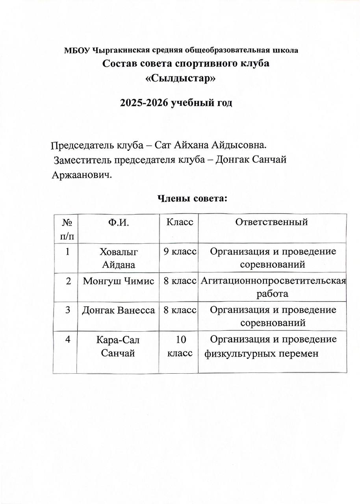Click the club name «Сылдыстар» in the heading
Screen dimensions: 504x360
click(181, 78)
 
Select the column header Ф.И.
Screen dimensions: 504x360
click(118, 222)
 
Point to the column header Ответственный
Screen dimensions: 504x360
click(271, 222)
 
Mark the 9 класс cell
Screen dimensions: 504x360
click(180, 252)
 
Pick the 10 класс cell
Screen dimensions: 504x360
click(180, 346)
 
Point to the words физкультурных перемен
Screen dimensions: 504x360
click(261, 353)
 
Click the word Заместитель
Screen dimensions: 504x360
click(81, 160)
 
